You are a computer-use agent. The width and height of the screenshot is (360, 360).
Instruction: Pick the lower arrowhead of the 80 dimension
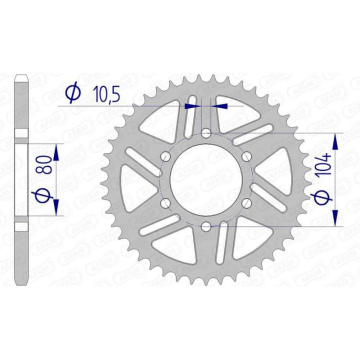pos(56,206)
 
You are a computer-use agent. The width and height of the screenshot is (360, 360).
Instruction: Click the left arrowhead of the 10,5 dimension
pos(190,106)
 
